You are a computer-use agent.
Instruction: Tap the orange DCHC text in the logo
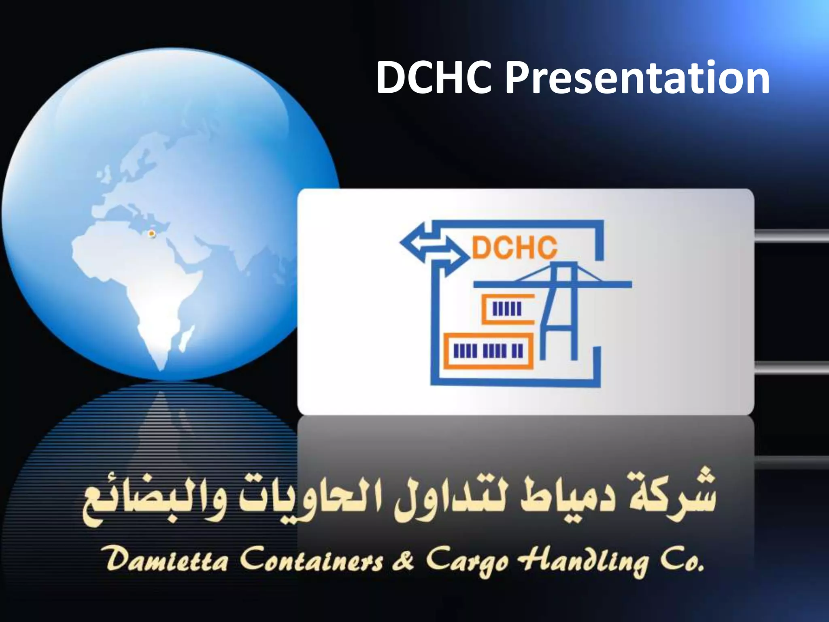point(514,247)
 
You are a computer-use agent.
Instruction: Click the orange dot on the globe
point(152,234)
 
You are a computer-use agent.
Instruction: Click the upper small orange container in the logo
point(508,309)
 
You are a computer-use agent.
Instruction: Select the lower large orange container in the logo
point(489,351)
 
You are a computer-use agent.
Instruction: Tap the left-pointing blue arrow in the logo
point(417,242)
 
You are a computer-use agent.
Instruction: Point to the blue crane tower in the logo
point(561,312)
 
